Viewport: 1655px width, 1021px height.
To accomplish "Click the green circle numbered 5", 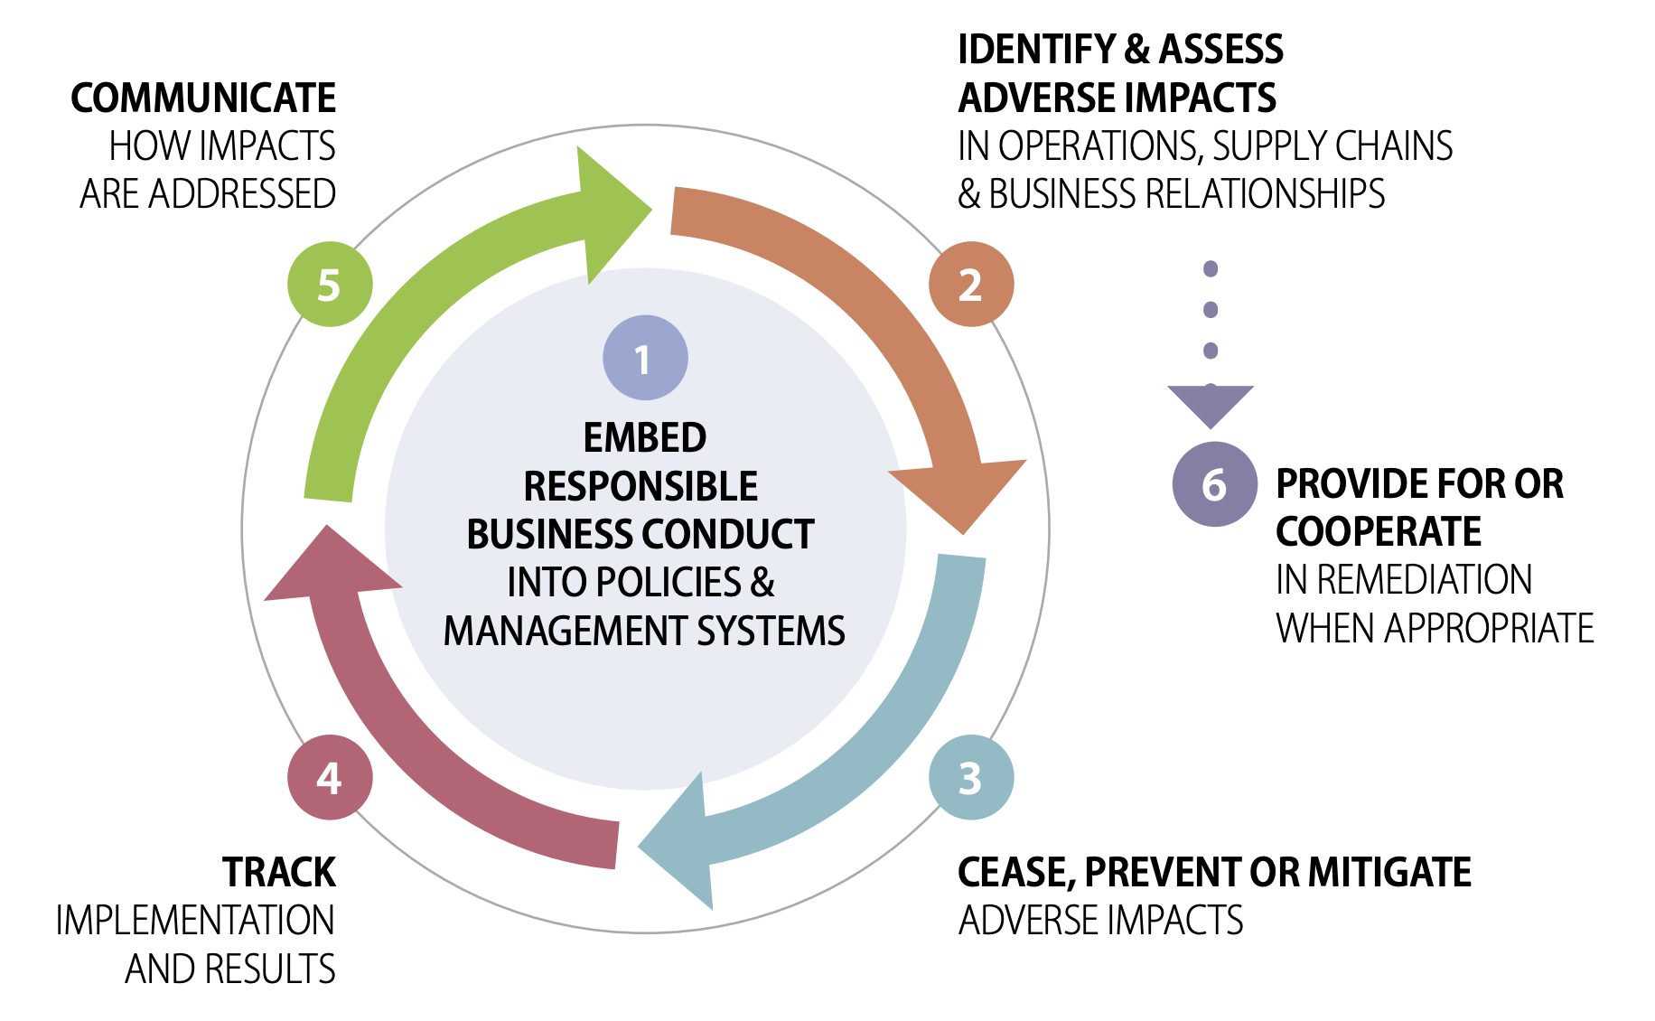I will pyautogui.click(x=330, y=285).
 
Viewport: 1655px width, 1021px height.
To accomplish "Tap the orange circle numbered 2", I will pyautogui.click(x=971, y=285).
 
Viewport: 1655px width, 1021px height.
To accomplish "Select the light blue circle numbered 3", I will pyautogui.click(x=971, y=778).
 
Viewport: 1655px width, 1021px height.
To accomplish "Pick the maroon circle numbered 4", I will pyautogui.click(x=330, y=778).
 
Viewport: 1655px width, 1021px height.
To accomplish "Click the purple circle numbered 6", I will pyautogui.click(x=1214, y=485).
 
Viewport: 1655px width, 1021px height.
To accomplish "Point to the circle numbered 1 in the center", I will pyautogui.click(x=645, y=358).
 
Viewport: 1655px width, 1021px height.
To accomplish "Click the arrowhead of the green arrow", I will pyautogui.click(x=610, y=213).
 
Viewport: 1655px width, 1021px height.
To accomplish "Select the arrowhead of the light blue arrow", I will pyautogui.click(x=682, y=844).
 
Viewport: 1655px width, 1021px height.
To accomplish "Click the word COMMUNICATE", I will pyautogui.click(x=203, y=98).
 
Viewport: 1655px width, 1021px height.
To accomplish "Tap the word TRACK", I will pyautogui.click(x=278, y=872).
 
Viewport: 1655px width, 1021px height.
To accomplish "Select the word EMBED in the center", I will pyautogui.click(x=644, y=437).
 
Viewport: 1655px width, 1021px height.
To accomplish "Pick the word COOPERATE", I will pyautogui.click(x=1378, y=531).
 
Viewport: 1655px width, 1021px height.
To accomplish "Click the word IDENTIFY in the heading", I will pyautogui.click(x=1035, y=49).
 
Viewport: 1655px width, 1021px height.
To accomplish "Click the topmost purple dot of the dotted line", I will pyautogui.click(x=1211, y=268).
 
